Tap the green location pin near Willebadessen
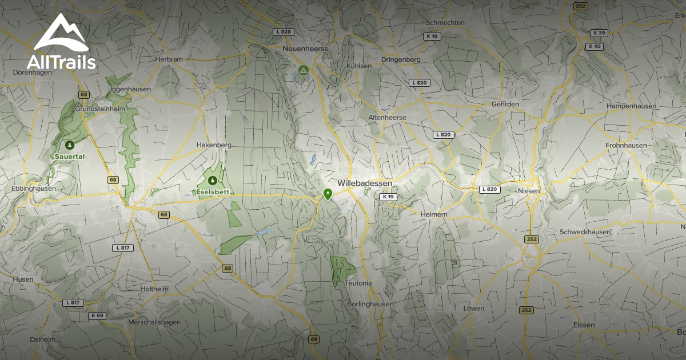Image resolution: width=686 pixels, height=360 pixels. click(x=328, y=194)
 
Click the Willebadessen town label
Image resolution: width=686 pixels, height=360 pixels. click(x=365, y=183)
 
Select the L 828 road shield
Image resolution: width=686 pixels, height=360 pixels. click(x=282, y=32)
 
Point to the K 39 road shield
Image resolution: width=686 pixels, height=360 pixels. click(x=599, y=33)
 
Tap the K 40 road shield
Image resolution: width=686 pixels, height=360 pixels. click(x=595, y=46)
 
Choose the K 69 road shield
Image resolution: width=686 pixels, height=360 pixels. click(x=97, y=315)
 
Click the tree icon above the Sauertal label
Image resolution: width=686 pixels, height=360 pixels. click(x=70, y=145)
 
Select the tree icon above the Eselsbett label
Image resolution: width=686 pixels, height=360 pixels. click(x=213, y=181)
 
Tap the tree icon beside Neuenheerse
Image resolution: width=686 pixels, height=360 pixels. click(x=304, y=70)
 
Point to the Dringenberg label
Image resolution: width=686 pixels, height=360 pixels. click(x=401, y=59)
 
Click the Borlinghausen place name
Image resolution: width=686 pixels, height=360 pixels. click(x=370, y=304)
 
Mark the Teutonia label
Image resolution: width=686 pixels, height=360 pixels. click(x=358, y=283)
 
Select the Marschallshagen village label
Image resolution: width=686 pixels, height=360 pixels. click(x=154, y=322)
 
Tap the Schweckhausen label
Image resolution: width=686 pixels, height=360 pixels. click(x=585, y=232)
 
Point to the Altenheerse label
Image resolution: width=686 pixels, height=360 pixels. click(x=387, y=117)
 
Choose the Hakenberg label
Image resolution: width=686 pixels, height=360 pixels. click(x=214, y=145)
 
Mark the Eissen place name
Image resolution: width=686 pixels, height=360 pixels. click(x=584, y=325)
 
